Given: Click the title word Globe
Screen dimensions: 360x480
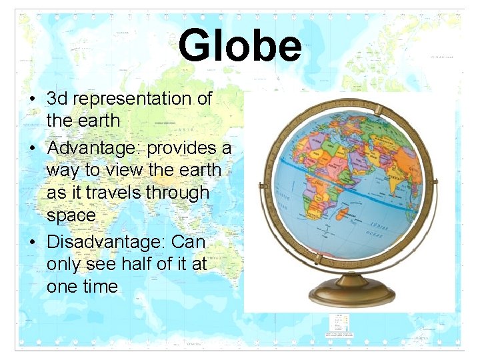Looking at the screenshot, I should tap(239, 46).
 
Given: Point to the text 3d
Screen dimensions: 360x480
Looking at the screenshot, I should tap(57, 99).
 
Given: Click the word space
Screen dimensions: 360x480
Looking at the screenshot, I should tap(71, 215).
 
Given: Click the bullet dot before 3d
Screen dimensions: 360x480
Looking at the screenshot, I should tap(32, 99).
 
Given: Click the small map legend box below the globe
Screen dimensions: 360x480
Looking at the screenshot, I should tap(339, 325).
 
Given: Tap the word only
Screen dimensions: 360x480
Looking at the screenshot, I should tap(64, 265).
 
